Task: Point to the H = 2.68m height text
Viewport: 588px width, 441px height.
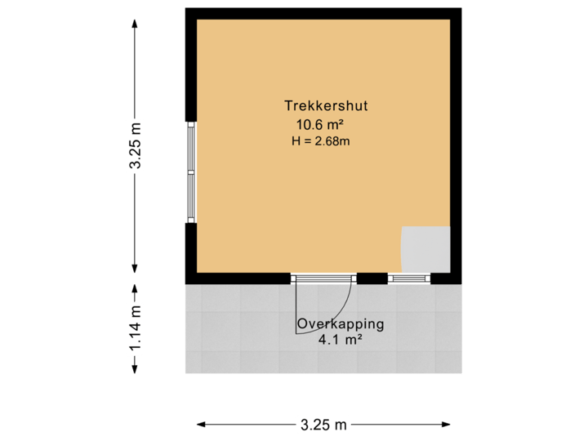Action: [x=320, y=140]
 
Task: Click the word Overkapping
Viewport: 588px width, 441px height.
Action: [x=340, y=324]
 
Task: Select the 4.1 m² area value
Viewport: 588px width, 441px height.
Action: [x=341, y=339]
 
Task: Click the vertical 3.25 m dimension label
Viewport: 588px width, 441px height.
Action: [x=135, y=147]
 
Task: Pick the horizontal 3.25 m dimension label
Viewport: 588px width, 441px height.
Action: [x=324, y=424]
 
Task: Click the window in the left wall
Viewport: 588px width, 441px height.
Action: [x=190, y=172]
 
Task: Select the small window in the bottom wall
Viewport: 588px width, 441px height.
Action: [x=408, y=278]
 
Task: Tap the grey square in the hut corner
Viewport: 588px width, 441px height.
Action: [x=425, y=249]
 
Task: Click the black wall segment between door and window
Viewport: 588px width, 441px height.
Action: [x=372, y=278]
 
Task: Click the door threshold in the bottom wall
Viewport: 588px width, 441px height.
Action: [x=324, y=277]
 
